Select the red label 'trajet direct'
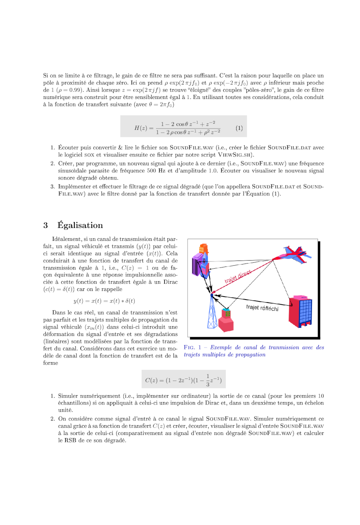click(x=237, y=278)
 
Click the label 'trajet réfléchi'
click(x=262, y=308)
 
